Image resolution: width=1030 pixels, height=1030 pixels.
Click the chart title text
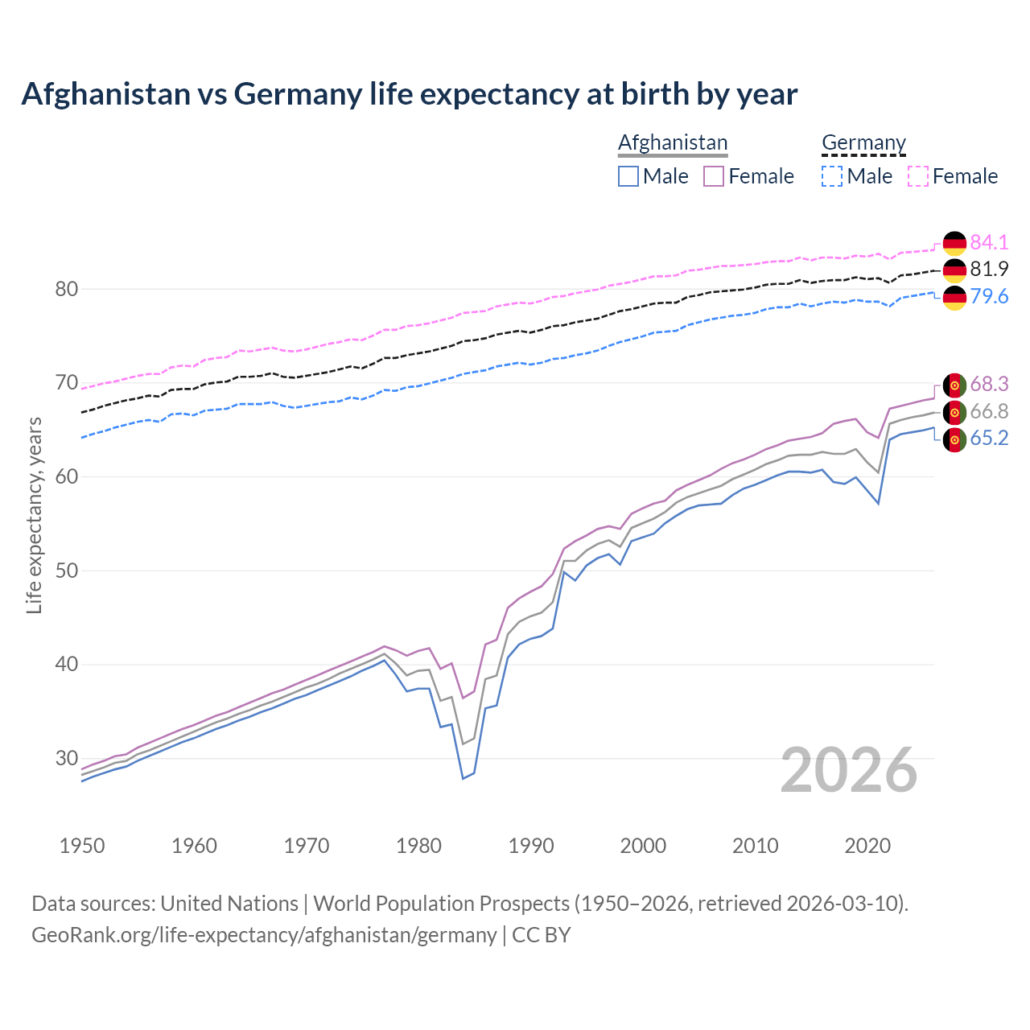pyautogui.click(x=409, y=94)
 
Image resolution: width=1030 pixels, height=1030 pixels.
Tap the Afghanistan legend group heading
pyautogui.click(x=673, y=142)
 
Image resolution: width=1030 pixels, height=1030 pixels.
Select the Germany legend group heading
pyautogui.click(x=863, y=142)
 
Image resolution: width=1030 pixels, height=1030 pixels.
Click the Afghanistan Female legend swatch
pyautogui.click(x=714, y=176)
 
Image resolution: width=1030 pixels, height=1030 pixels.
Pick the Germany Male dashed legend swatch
pyautogui.click(x=832, y=176)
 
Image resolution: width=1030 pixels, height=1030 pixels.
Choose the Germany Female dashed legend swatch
pyautogui.click(x=918, y=176)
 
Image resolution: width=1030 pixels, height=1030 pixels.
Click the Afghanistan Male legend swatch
pyautogui.click(x=628, y=176)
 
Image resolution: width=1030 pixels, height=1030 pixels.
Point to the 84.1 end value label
pyautogui.click(x=989, y=242)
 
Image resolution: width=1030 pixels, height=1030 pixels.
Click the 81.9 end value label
pyautogui.click(x=989, y=269)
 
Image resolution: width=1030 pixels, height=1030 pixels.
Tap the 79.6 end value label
pyautogui.click(x=989, y=296)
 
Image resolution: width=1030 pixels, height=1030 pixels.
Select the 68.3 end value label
pyautogui.click(x=989, y=384)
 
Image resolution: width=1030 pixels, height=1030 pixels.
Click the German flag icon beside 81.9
pyautogui.click(x=954, y=270)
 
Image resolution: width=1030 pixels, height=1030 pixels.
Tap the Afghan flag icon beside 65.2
pyautogui.click(x=954, y=439)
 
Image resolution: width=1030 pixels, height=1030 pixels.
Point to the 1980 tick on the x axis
pyautogui.click(x=418, y=846)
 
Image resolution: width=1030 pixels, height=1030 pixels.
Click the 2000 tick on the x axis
pyautogui.click(x=643, y=846)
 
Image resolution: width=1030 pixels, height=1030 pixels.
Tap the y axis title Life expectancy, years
pyautogui.click(x=34, y=515)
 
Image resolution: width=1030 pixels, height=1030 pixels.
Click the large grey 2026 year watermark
pyautogui.click(x=849, y=770)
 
